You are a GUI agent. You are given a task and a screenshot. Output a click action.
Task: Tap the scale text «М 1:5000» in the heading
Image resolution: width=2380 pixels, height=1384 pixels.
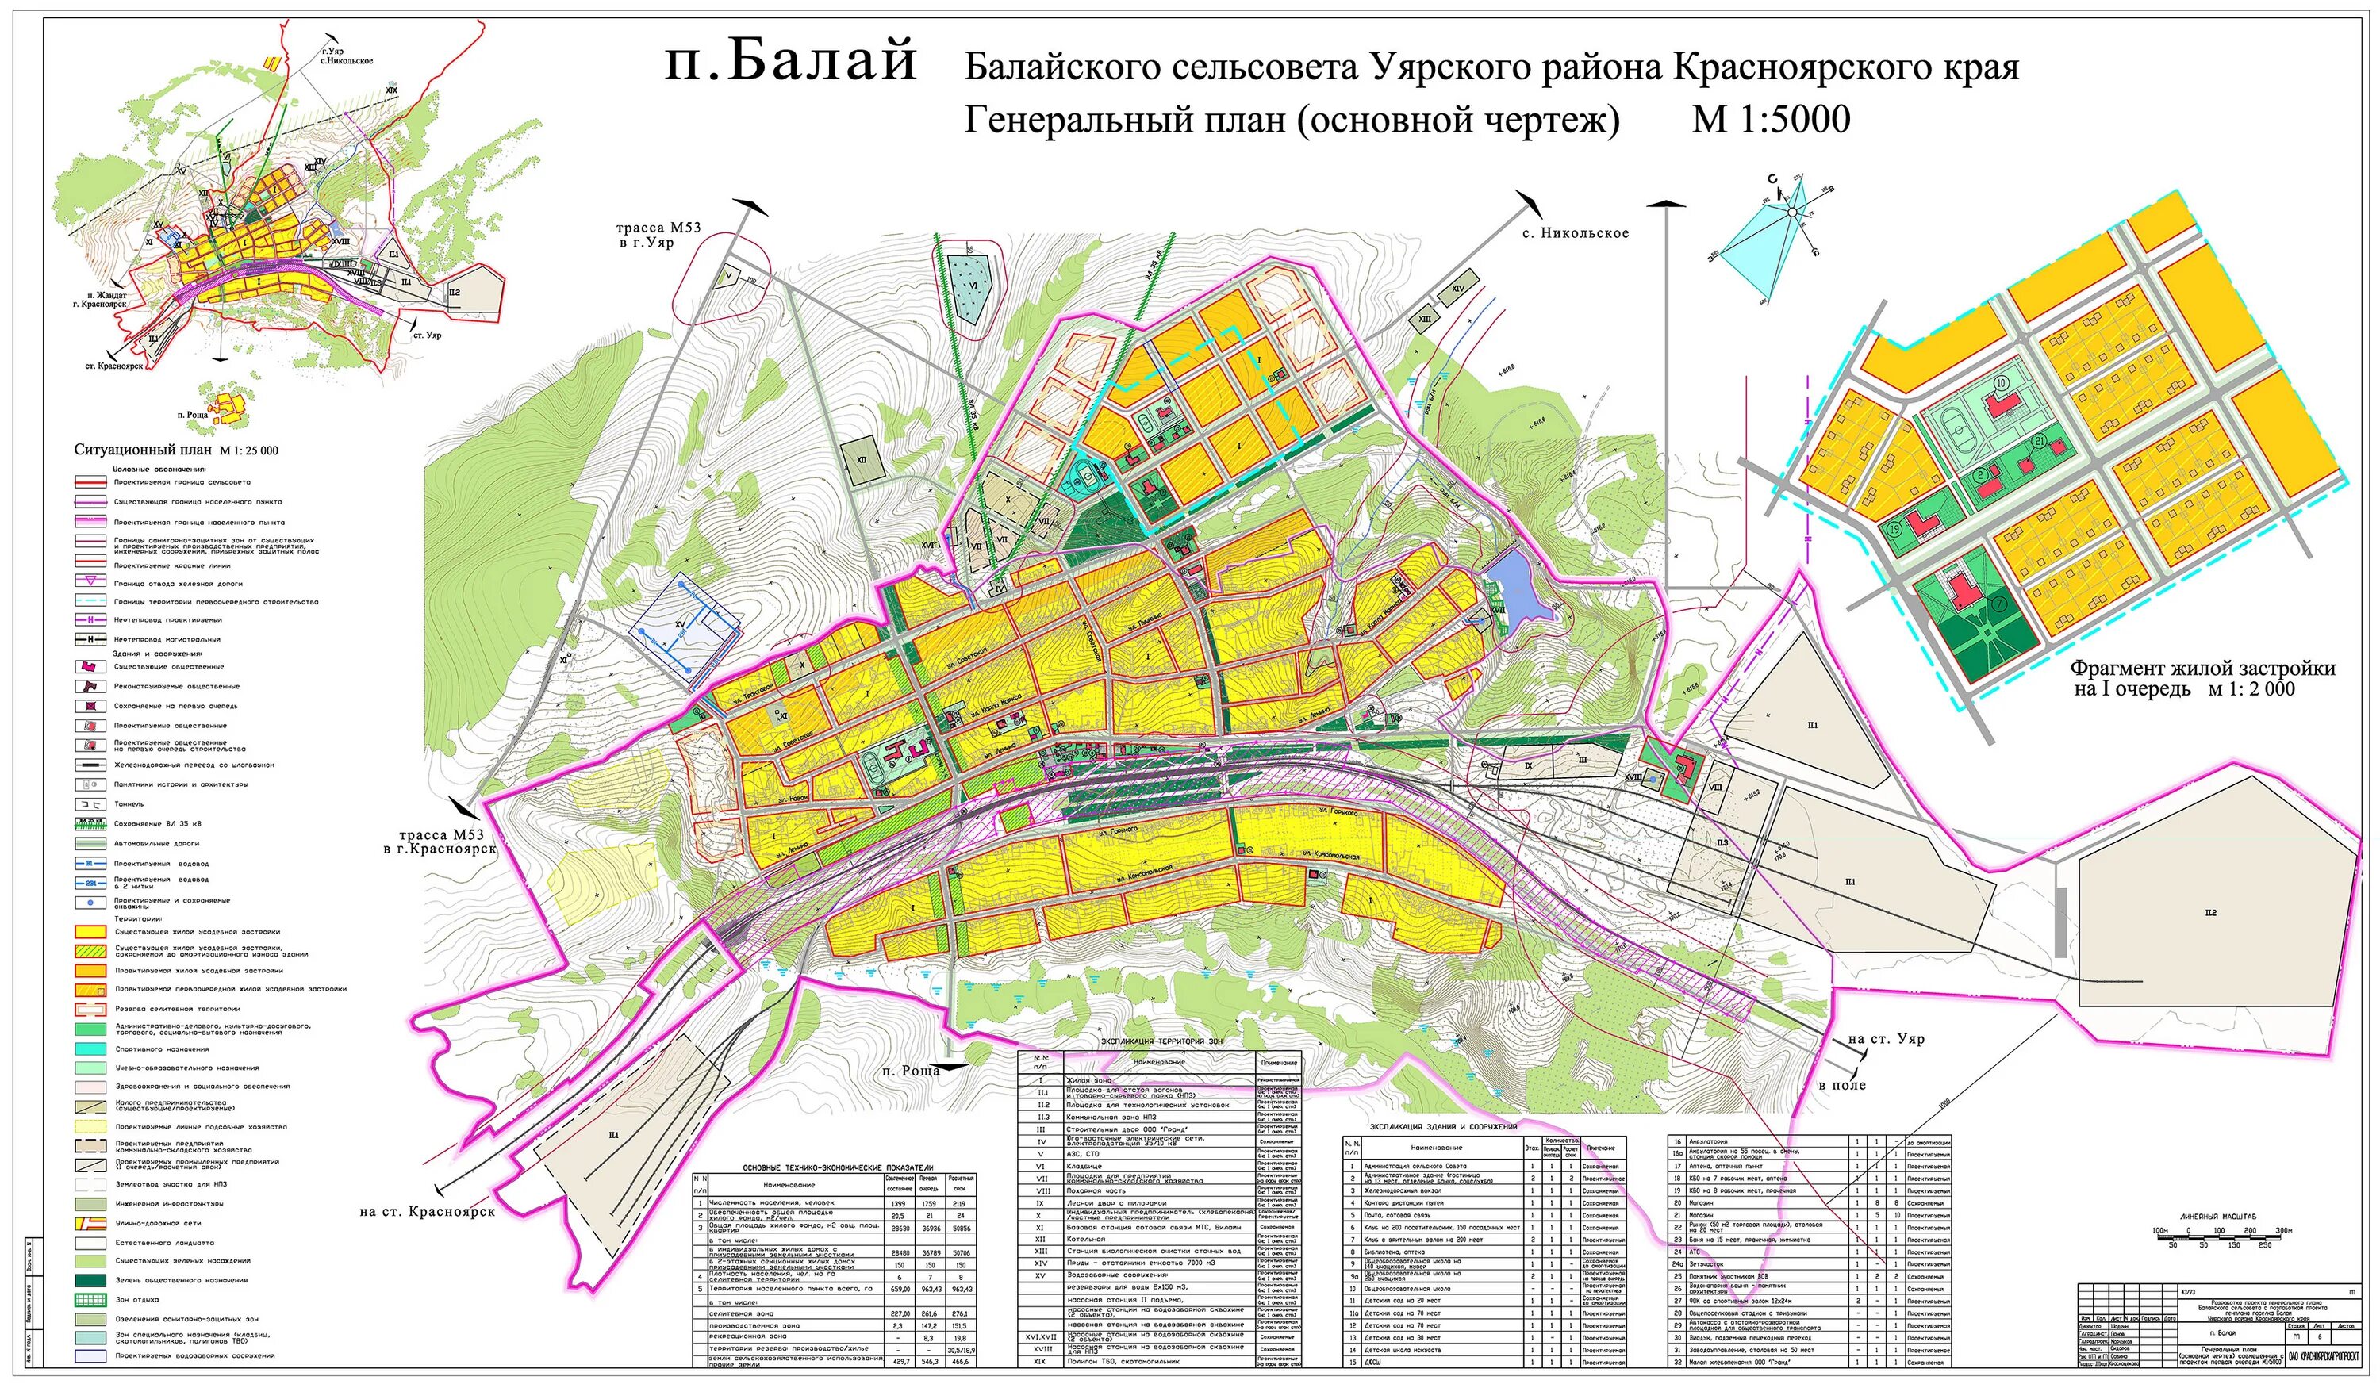click(1771, 120)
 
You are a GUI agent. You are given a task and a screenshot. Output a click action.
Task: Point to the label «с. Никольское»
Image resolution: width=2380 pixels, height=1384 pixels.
click(1575, 232)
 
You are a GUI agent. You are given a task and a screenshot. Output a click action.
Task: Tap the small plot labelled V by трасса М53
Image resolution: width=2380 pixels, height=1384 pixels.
click(728, 276)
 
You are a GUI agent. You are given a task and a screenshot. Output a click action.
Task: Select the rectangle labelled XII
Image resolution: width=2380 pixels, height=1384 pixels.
click(862, 460)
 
